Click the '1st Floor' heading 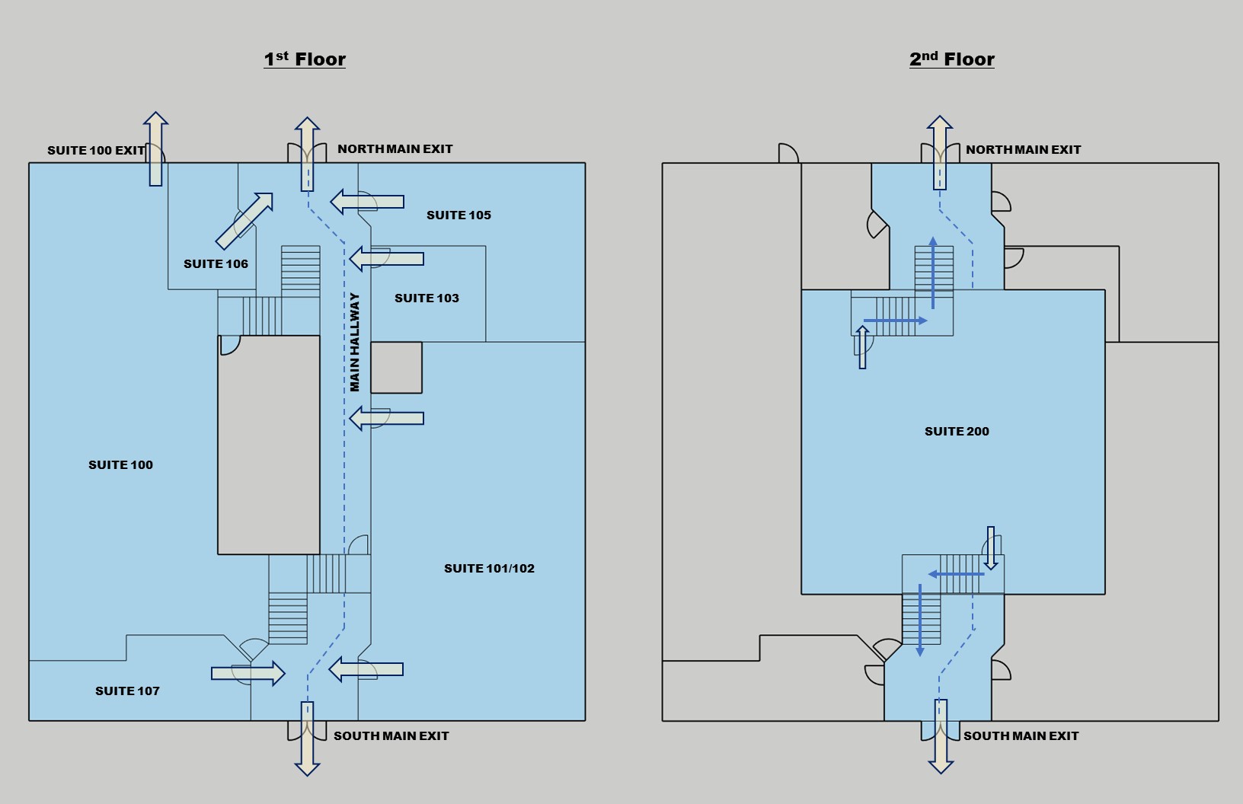(x=305, y=59)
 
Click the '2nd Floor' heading (x=952, y=59)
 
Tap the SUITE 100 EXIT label (x=96, y=150)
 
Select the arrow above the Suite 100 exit (x=155, y=148)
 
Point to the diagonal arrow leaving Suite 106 (x=244, y=220)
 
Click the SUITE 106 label (x=216, y=264)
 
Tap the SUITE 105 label (x=459, y=215)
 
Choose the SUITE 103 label (x=427, y=298)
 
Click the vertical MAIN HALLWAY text (x=355, y=343)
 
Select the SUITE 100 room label (x=120, y=465)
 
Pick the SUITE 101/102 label (x=489, y=569)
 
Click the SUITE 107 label (x=127, y=691)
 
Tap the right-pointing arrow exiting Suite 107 (x=248, y=673)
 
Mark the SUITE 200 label (x=957, y=432)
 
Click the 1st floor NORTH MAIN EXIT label (x=395, y=149)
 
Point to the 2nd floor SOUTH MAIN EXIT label (x=1021, y=736)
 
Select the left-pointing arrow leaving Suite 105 (x=367, y=202)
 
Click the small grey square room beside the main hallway (x=396, y=368)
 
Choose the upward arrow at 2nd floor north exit (x=940, y=152)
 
